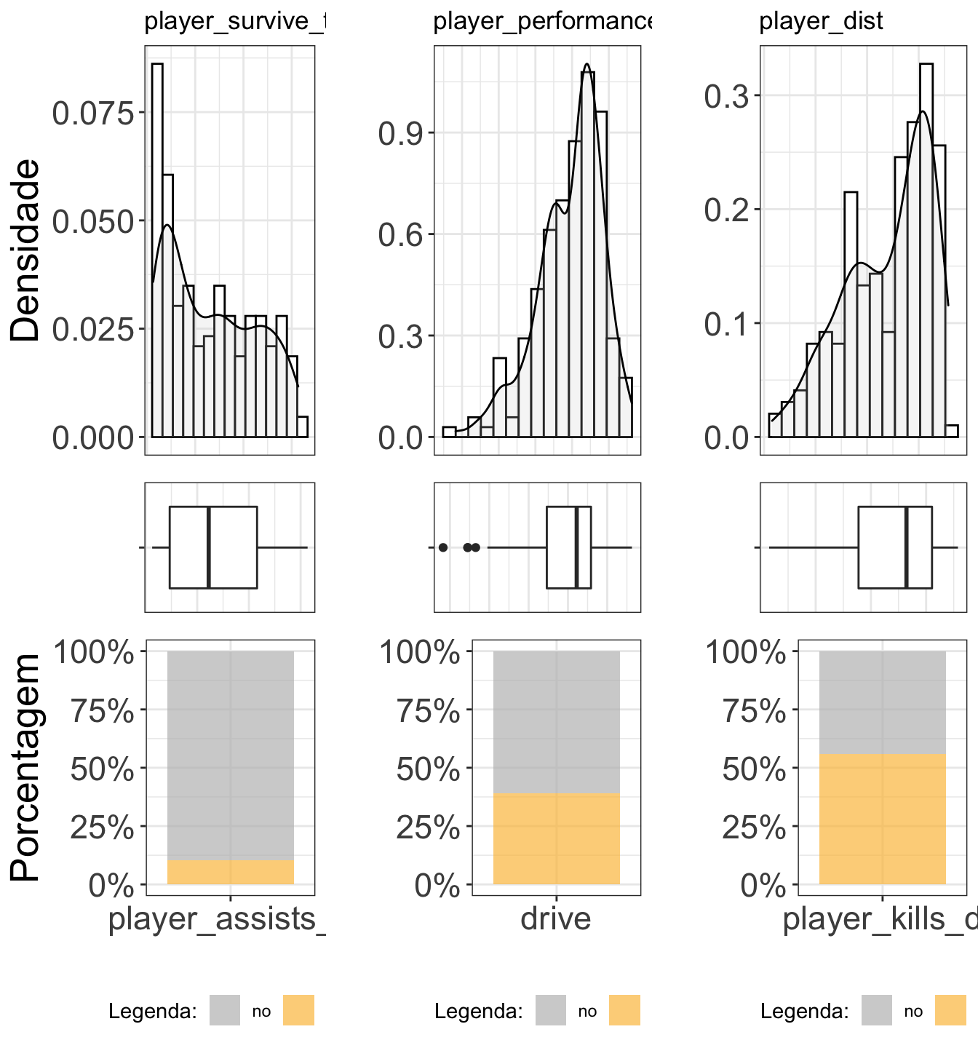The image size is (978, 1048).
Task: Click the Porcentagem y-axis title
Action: point(26,768)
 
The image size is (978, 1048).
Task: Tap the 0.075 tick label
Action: point(94,114)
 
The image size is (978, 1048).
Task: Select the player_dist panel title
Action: point(821,22)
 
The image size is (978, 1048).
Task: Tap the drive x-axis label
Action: point(556,918)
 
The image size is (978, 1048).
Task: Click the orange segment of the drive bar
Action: point(556,838)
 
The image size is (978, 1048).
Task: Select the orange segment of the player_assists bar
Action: point(230,872)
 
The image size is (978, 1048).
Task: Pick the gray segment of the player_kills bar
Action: point(882,702)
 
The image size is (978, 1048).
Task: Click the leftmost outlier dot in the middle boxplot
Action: point(443,547)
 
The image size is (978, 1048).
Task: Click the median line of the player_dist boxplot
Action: point(906,547)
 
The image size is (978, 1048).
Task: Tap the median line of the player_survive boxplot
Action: point(209,547)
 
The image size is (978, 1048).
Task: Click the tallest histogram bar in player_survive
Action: point(157,247)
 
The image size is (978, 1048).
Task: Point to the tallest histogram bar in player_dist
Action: point(926,247)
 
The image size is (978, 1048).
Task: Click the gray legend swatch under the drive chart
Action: point(551,1010)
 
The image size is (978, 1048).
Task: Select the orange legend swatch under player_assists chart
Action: point(298,1010)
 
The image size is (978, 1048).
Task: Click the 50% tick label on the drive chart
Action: point(428,769)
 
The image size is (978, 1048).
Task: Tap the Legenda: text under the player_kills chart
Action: point(804,1011)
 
